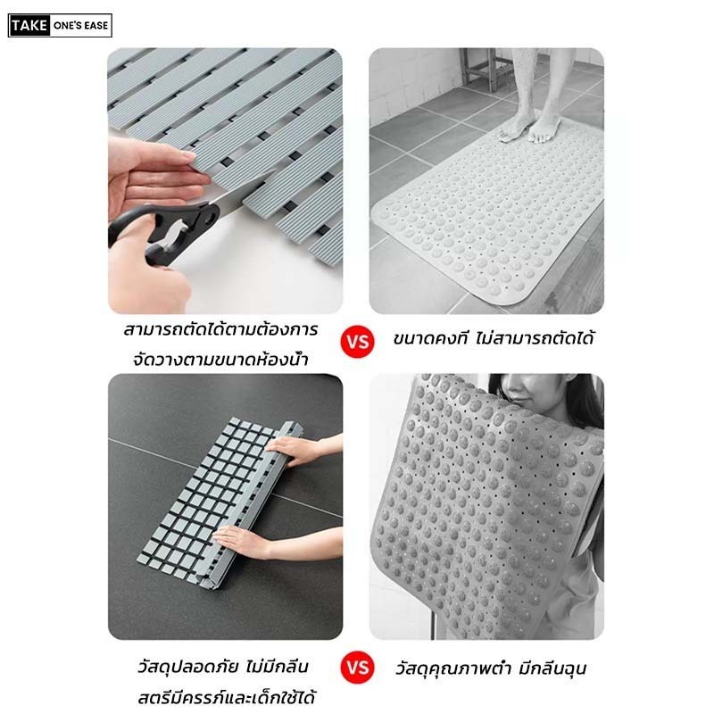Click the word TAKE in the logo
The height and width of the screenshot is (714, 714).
(29, 26)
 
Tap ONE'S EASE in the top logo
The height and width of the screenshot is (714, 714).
(80, 26)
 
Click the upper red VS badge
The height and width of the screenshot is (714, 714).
(358, 341)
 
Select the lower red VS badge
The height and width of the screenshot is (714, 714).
(358, 668)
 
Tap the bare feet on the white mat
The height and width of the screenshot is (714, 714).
(529, 126)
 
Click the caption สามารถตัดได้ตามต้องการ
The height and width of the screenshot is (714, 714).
(220, 329)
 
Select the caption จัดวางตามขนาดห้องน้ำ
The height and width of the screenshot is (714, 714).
(220, 360)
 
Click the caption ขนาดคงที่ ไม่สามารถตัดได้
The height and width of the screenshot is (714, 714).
(494, 338)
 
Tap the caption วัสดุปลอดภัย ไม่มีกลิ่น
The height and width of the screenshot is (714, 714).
(223, 667)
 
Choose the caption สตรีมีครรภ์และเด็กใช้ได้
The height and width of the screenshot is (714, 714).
(227, 698)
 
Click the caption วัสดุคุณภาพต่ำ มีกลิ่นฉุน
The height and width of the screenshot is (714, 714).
(490, 668)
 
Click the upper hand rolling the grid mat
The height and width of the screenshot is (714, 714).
(301, 450)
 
